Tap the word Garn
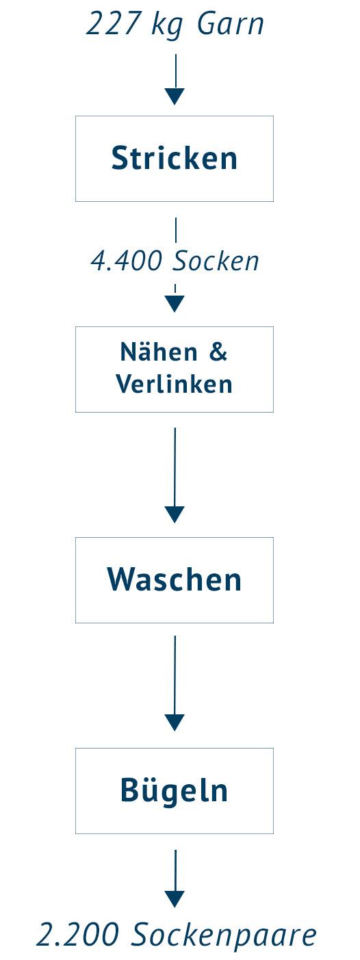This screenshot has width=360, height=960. [x=230, y=24]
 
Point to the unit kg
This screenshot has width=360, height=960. [x=168, y=26]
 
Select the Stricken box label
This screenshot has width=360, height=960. [x=175, y=158]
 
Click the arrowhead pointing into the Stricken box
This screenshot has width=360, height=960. [x=175, y=96]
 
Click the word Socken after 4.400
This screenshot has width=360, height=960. [x=216, y=260]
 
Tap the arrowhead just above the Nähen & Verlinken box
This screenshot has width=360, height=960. [x=175, y=304]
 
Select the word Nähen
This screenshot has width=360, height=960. [x=159, y=352]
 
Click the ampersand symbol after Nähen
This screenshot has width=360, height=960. [x=218, y=352]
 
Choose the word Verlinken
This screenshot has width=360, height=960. [x=174, y=384]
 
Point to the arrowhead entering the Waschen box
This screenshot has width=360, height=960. [x=175, y=515]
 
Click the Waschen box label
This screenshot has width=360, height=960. [x=175, y=580]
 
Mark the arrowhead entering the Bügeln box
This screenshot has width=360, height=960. [x=175, y=723]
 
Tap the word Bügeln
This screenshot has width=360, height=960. [x=174, y=790]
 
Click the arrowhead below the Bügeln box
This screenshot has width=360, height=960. [x=175, y=899]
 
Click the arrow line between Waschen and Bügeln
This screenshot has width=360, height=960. [x=175, y=683]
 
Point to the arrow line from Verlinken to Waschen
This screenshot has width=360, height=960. [x=175, y=476]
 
